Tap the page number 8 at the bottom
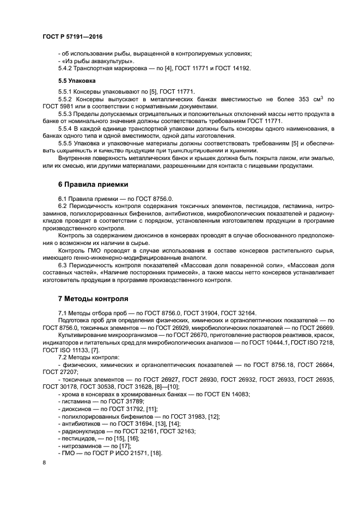(x=44, y=462)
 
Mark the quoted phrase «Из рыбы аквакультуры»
(x=90, y=60)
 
